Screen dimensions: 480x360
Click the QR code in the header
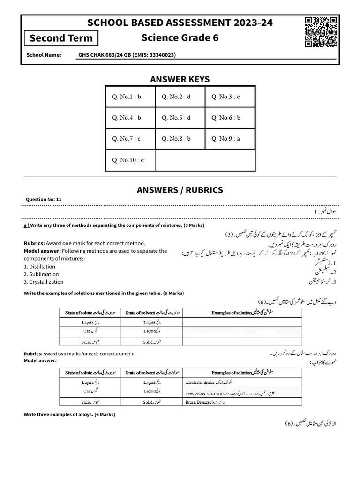pos(321,32)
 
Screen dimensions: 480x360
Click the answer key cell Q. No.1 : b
pos(130,97)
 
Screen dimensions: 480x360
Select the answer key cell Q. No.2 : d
pos(180,97)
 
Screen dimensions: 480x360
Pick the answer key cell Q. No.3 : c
pos(230,97)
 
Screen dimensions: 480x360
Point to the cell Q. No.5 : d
pos(180,118)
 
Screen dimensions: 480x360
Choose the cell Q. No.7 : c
pos(130,139)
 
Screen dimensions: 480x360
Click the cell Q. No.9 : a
pos(230,139)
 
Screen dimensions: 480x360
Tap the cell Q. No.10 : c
pos(130,160)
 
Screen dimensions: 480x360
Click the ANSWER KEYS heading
pos(180,79)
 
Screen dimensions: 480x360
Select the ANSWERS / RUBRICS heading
pos(180,190)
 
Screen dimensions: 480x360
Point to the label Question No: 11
pos(44,199)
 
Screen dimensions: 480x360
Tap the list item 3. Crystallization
pos(44,282)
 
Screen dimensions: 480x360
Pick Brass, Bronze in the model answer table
pos(197,402)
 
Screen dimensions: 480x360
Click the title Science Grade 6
pos(180,37)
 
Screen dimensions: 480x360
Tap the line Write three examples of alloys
pos(69,415)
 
